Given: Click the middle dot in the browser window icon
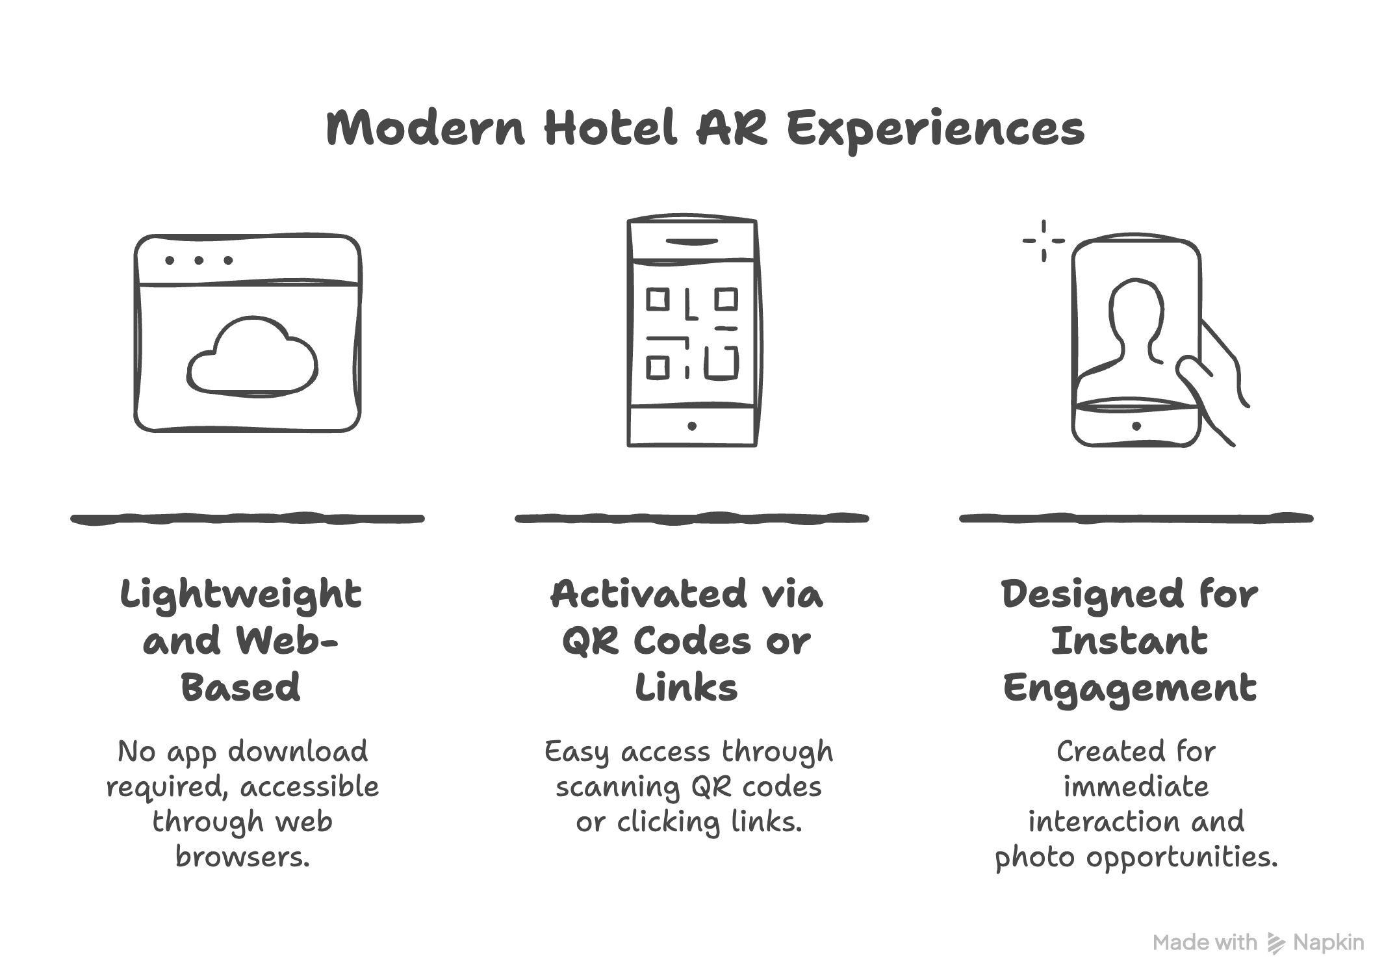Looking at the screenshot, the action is click(x=199, y=261).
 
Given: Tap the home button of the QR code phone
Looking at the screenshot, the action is click(x=692, y=426).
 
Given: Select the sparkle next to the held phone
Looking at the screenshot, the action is click(x=1044, y=240).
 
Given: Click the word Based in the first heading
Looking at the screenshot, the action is click(x=240, y=688).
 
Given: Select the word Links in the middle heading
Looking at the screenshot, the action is click(x=686, y=688).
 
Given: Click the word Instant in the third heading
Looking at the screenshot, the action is click(x=1129, y=641).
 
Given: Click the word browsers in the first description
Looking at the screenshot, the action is click(x=242, y=857).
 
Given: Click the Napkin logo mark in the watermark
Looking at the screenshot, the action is click(x=1275, y=943).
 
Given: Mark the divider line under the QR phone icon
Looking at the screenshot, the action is click(x=692, y=519).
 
